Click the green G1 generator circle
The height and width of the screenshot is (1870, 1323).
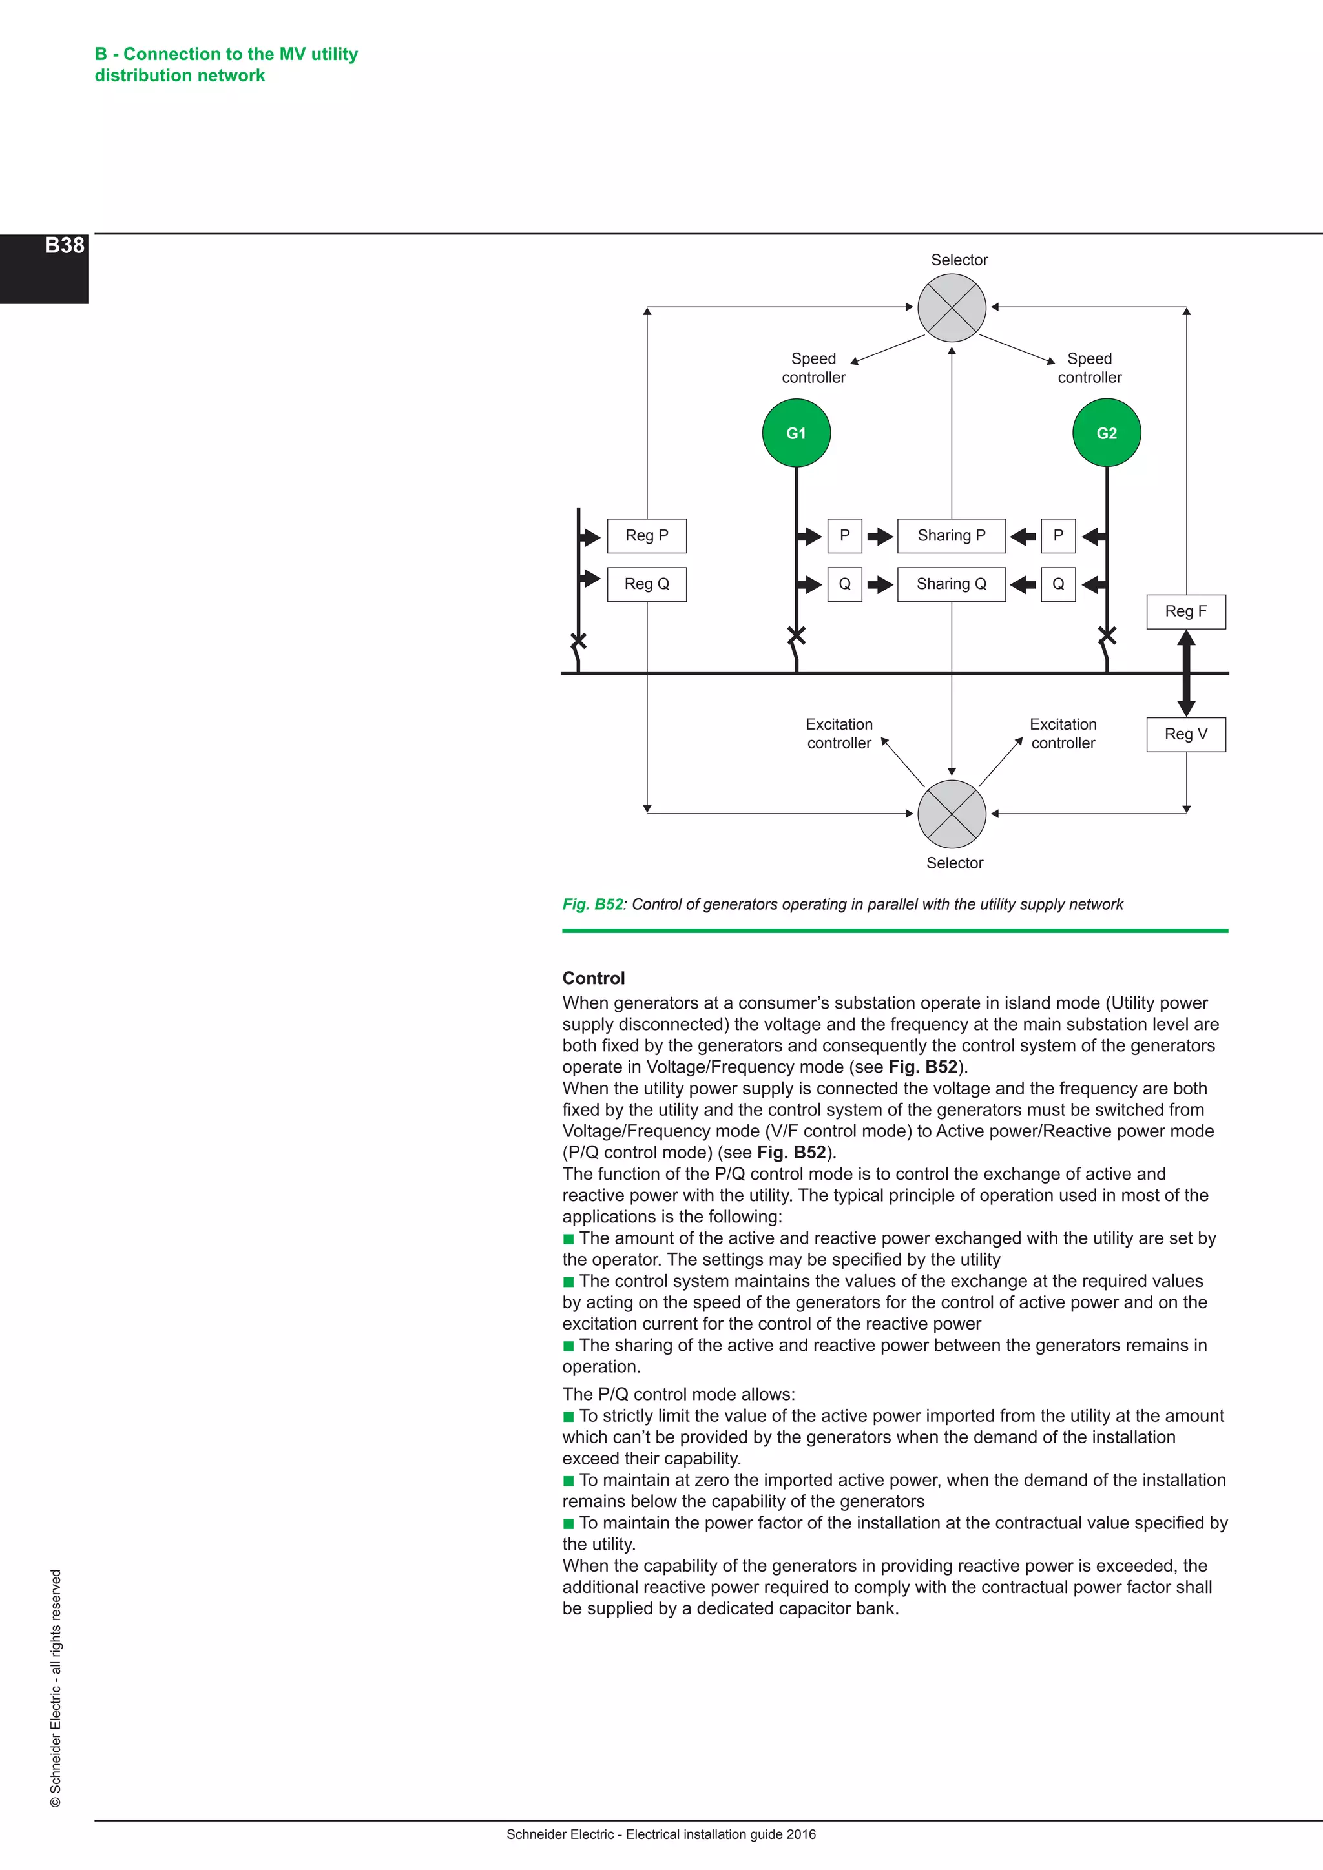(x=796, y=433)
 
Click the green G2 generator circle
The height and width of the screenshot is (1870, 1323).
(x=1107, y=433)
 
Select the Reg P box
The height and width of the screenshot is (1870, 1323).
(x=647, y=536)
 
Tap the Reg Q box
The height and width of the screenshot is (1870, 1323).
(x=647, y=584)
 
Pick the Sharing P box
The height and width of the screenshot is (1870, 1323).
(x=951, y=536)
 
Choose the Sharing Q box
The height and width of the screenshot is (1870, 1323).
(x=951, y=584)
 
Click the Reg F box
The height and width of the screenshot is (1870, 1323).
(x=1185, y=611)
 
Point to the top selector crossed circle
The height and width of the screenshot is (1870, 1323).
(x=952, y=308)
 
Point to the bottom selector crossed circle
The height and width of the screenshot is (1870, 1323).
(x=952, y=814)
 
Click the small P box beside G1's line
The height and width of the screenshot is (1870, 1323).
(x=845, y=536)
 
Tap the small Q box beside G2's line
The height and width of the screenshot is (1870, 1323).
(x=1058, y=584)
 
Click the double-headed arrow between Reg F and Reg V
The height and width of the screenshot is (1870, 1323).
(x=1186, y=673)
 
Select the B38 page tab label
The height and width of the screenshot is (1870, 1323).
(x=65, y=246)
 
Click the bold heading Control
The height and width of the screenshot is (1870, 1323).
(x=593, y=978)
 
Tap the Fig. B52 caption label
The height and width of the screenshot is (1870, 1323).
(x=592, y=904)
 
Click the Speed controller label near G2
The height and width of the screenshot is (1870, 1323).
(x=1089, y=368)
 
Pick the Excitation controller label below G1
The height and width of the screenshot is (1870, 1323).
(x=839, y=734)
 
